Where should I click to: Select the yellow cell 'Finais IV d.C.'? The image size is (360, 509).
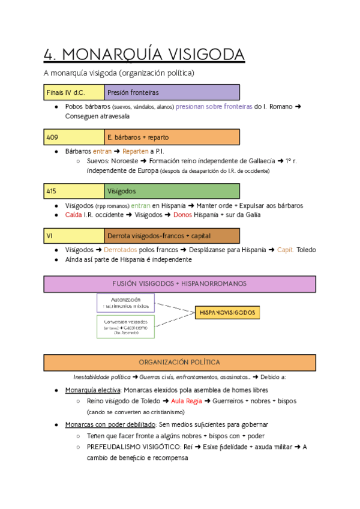[74, 92]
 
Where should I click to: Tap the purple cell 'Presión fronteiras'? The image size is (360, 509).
[172, 92]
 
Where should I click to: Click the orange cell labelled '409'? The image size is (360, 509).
[74, 137]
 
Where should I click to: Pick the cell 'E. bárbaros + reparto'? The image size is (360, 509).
[172, 137]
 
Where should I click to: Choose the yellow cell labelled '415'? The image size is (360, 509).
[74, 191]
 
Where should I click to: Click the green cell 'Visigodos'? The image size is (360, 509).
[172, 191]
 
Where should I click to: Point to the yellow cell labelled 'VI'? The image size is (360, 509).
[74, 236]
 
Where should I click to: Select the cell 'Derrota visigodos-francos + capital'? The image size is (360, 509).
[172, 236]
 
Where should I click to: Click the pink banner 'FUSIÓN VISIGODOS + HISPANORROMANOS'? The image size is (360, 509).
[179, 283]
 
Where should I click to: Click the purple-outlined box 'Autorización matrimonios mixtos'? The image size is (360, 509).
[126, 303]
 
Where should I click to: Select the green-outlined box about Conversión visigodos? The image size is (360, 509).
[126, 327]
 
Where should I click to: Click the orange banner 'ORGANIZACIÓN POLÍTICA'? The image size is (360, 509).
[179, 363]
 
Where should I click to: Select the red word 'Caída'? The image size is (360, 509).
[74, 215]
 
